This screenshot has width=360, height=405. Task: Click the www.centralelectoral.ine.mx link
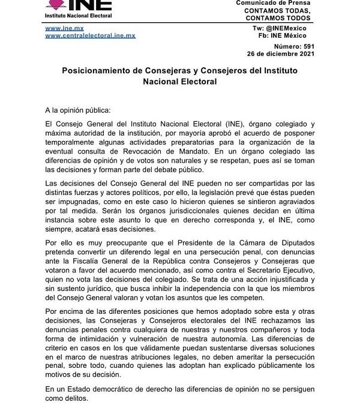click(x=91, y=36)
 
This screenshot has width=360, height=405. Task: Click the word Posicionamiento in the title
click(x=100, y=71)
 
